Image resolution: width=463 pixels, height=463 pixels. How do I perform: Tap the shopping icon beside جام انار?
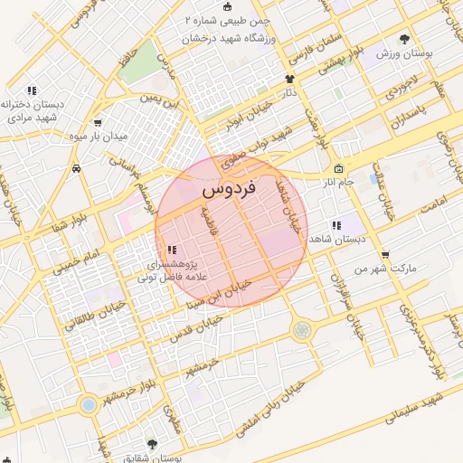[338, 169]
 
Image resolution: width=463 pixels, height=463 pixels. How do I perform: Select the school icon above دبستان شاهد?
[335, 225]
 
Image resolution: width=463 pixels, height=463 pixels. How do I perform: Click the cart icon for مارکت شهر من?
[386, 254]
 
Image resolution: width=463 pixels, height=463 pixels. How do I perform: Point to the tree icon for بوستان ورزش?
[403, 39]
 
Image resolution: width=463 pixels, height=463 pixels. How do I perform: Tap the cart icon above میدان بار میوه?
[97, 123]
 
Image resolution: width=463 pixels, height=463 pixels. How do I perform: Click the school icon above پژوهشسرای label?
[172, 250]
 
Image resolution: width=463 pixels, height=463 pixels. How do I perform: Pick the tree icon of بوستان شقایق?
[151, 445]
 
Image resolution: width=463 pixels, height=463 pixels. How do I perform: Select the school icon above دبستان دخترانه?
[33, 90]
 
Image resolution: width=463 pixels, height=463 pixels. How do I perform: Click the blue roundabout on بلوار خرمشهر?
[88, 404]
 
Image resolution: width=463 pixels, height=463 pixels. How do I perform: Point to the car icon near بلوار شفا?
[76, 168]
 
